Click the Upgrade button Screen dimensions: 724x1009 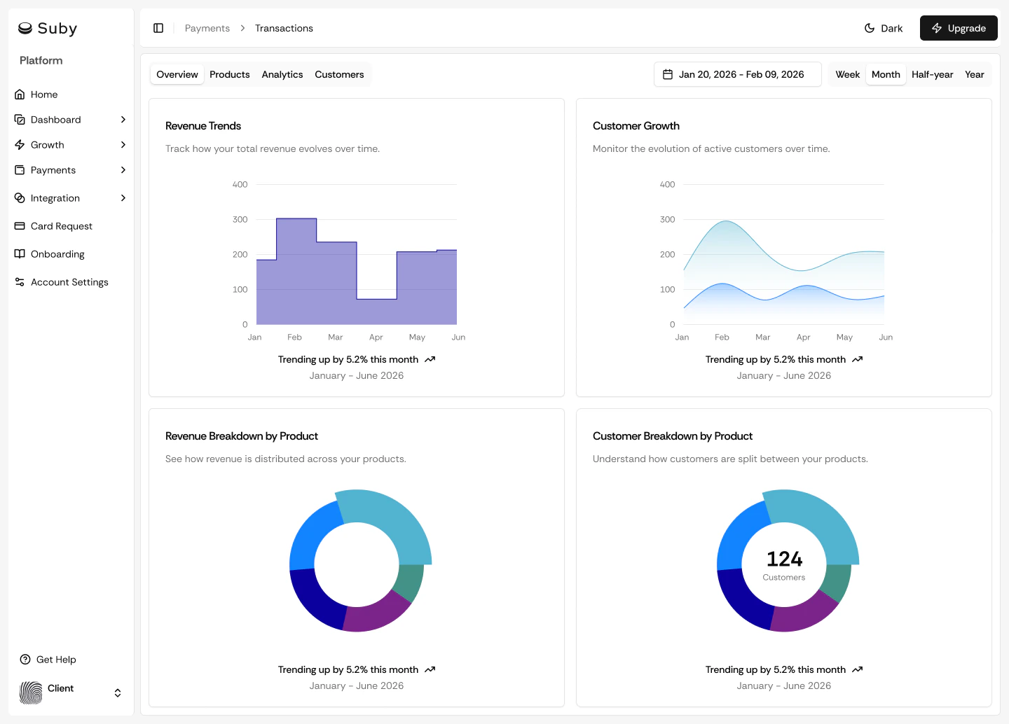[958, 28]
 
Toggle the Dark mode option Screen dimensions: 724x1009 [884, 28]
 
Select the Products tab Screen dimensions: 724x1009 [229, 74]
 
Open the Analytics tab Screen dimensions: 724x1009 [282, 74]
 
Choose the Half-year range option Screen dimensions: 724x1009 [932, 74]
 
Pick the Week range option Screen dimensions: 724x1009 [847, 74]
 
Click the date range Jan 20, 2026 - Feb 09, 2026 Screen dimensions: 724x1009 [737, 74]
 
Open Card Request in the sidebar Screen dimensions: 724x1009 [61, 226]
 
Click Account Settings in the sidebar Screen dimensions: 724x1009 [69, 282]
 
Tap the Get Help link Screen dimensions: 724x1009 [55, 660]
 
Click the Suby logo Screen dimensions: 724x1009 [48, 28]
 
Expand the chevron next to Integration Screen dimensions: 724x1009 [123, 198]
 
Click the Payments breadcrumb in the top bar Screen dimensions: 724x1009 [207, 28]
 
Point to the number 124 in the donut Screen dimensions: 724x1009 [784, 559]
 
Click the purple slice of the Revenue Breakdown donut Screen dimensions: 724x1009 [375, 613]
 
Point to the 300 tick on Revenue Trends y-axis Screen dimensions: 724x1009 [240, 219]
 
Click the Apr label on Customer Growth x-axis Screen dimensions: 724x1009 [803, 337]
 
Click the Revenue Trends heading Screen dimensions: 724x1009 [203, 126]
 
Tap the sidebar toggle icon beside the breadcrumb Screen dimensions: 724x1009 [158, 28]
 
